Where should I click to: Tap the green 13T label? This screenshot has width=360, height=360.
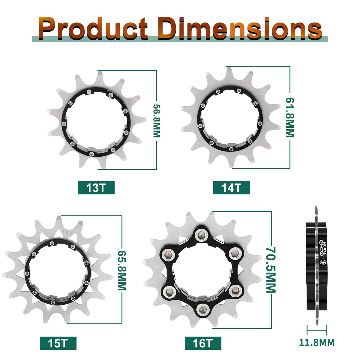[96, 188]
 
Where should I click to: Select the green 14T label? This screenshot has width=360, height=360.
[231, 188]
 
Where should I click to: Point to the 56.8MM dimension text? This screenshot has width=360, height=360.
[157, 121]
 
